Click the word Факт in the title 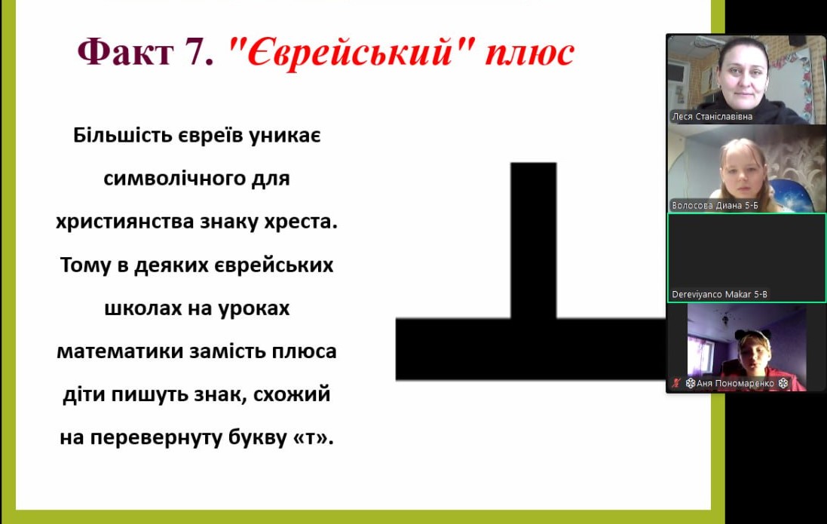tap(125, 52)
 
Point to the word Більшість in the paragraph tap(122, 135)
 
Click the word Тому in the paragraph tap(85, 265)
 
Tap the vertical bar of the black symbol tap(533, 241)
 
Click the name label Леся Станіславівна tap(712, 117)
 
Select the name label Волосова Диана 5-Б tap(715, 205)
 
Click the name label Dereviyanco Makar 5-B tap(719, 295)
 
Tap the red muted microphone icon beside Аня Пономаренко tap(676, 383)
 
